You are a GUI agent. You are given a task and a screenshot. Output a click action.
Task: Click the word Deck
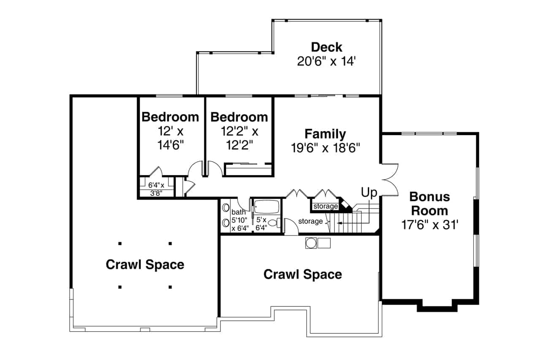327,47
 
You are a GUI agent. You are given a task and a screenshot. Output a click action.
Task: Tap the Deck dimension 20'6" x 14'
327,62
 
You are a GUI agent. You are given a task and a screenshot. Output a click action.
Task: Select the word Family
325,134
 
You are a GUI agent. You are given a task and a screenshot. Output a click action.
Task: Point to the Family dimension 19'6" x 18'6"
325,148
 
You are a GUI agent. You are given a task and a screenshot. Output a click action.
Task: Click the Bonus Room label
429,203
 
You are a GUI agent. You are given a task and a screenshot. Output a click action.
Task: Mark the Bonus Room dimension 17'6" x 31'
429,224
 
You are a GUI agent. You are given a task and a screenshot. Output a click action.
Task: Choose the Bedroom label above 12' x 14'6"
170,117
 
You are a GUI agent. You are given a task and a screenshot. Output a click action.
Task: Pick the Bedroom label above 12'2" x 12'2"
239,117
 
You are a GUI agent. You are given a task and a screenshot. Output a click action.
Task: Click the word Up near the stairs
369,192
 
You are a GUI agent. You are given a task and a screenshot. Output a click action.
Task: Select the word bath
238,212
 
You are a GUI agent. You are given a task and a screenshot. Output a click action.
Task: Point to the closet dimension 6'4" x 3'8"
156,189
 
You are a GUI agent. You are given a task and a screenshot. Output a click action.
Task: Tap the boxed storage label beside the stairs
325,206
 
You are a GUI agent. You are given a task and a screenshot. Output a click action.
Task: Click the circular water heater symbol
311,244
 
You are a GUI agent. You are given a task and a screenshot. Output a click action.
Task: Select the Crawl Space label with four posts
145,265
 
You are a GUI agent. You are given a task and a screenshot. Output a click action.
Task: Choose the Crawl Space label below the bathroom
302,274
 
